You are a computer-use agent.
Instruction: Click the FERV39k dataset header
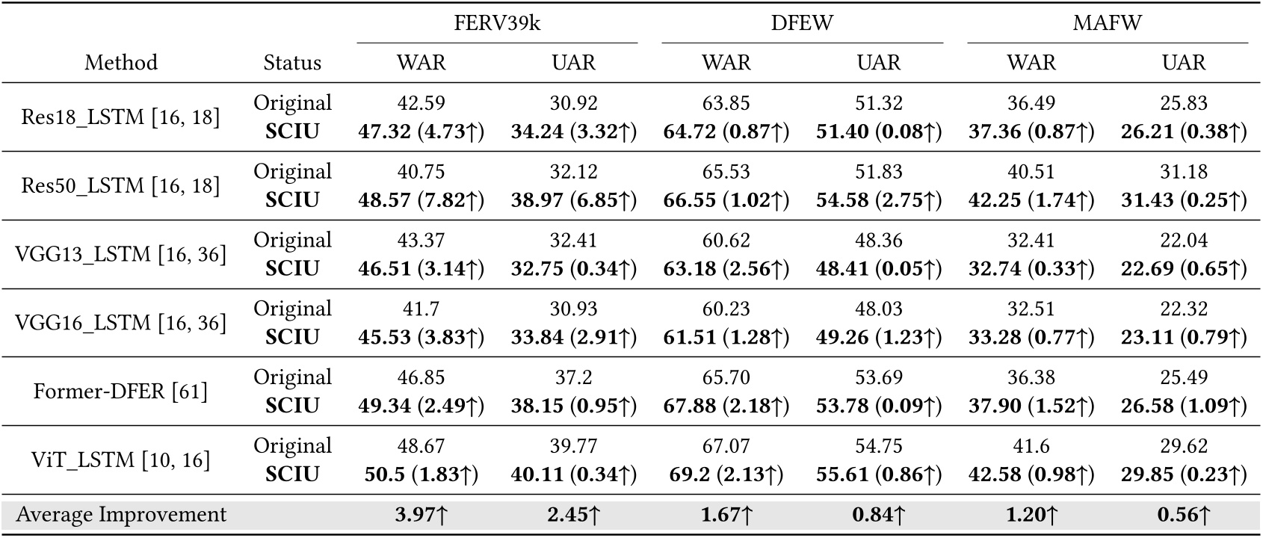point(497,22)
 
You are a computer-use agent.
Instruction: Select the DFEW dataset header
point(802,22)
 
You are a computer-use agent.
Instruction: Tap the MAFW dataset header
point(1107,22)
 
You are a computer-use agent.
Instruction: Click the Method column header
point(121,62)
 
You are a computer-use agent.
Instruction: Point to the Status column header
point(292,62)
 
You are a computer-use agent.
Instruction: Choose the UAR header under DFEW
point(879,62)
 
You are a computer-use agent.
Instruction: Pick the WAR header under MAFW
point(1031,62)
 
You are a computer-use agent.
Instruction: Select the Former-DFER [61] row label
point(121,392)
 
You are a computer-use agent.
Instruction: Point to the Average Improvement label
point(121,515)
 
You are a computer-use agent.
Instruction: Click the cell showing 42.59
point(421,103)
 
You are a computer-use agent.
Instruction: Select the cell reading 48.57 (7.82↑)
point(421,200)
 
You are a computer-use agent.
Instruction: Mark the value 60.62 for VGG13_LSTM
point(726,241)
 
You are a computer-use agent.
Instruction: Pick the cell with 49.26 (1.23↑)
point(879,337)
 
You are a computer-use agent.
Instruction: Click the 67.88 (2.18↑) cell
point(726,406)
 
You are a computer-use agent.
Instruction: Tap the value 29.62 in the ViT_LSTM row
point(1184,446)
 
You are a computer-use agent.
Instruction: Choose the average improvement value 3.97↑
point(421,515)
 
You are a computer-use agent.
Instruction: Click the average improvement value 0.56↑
point(1184,515)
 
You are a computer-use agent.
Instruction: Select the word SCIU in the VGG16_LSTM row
point(292,337)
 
